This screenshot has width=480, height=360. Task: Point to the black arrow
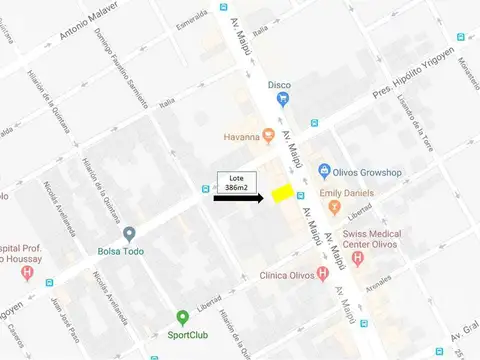click(237, 199)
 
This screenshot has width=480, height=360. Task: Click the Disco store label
click(279, 85)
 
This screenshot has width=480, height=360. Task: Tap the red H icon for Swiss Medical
click(359, 258)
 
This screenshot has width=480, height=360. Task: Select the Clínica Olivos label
click(294, 277)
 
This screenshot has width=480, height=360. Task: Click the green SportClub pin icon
click(182, 318)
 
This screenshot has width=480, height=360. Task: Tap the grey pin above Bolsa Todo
click(129, 234)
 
